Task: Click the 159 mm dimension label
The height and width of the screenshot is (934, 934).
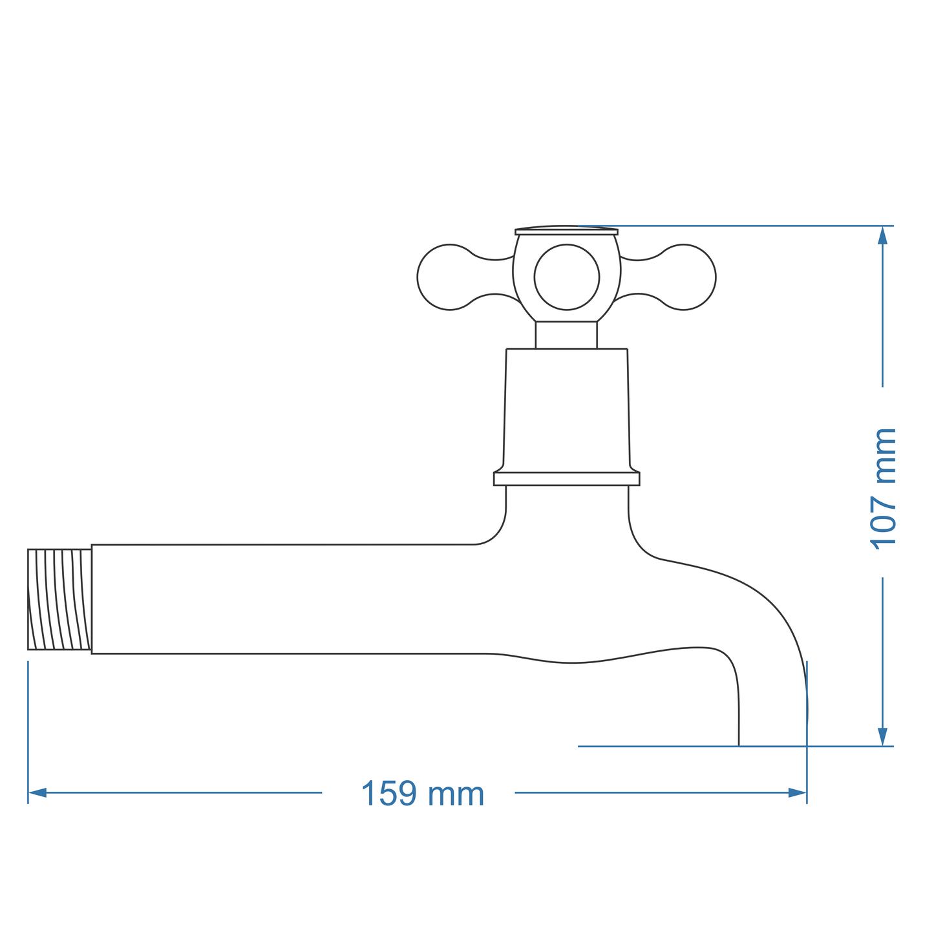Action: click(423, 794)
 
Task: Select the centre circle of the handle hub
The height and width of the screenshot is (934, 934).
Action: click(567, 277)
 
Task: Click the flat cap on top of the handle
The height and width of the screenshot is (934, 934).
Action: click(566, 231)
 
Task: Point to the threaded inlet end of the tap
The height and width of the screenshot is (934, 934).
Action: click(59, 599)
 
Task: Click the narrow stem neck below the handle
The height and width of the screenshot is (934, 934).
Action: click(566, 335)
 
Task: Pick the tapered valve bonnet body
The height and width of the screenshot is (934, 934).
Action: click(566, 410)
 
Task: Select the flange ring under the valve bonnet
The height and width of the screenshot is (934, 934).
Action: click(566, 479)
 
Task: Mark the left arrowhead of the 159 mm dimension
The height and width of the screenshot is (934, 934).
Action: click(37, 792)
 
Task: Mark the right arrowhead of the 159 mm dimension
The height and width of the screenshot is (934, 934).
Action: click(798, 792)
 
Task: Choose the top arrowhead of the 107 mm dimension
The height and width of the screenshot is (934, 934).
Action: click(883, 235)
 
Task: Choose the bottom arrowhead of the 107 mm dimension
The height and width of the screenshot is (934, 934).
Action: click(883, 737)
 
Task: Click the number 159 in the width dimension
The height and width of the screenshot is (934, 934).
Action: click(389, 794)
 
